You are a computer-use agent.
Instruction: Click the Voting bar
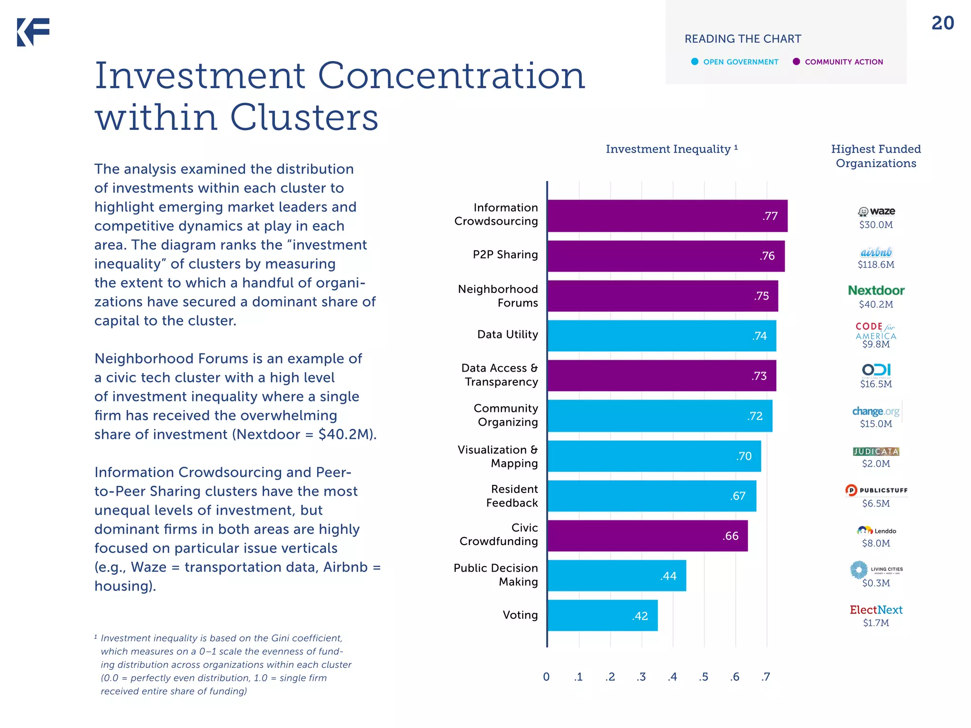(602, 615)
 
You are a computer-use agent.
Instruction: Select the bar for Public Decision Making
(616, 575)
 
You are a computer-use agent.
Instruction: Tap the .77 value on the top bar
(770, 216)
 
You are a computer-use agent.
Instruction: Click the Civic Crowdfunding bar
(647, 536)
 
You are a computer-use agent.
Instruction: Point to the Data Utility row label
(507, 335)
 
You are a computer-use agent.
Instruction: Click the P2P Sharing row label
(505, 255)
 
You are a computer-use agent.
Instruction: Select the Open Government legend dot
(695, 62)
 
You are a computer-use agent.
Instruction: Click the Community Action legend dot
(797, 62)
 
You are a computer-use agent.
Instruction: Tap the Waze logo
(876, 211)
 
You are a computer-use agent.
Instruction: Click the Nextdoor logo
(876, 290)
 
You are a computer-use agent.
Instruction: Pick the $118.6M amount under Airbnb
(876, 264)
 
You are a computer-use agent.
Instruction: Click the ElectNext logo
(876, 610)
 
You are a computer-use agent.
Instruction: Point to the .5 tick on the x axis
(703, 677)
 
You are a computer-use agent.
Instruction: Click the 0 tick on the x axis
(546, 677)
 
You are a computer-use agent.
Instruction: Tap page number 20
(943, 23)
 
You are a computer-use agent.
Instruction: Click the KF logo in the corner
(33, 32)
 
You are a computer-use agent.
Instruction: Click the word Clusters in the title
(304, 117)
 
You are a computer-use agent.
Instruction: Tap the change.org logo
(876, 411)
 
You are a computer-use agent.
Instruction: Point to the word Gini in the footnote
(280, 638)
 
